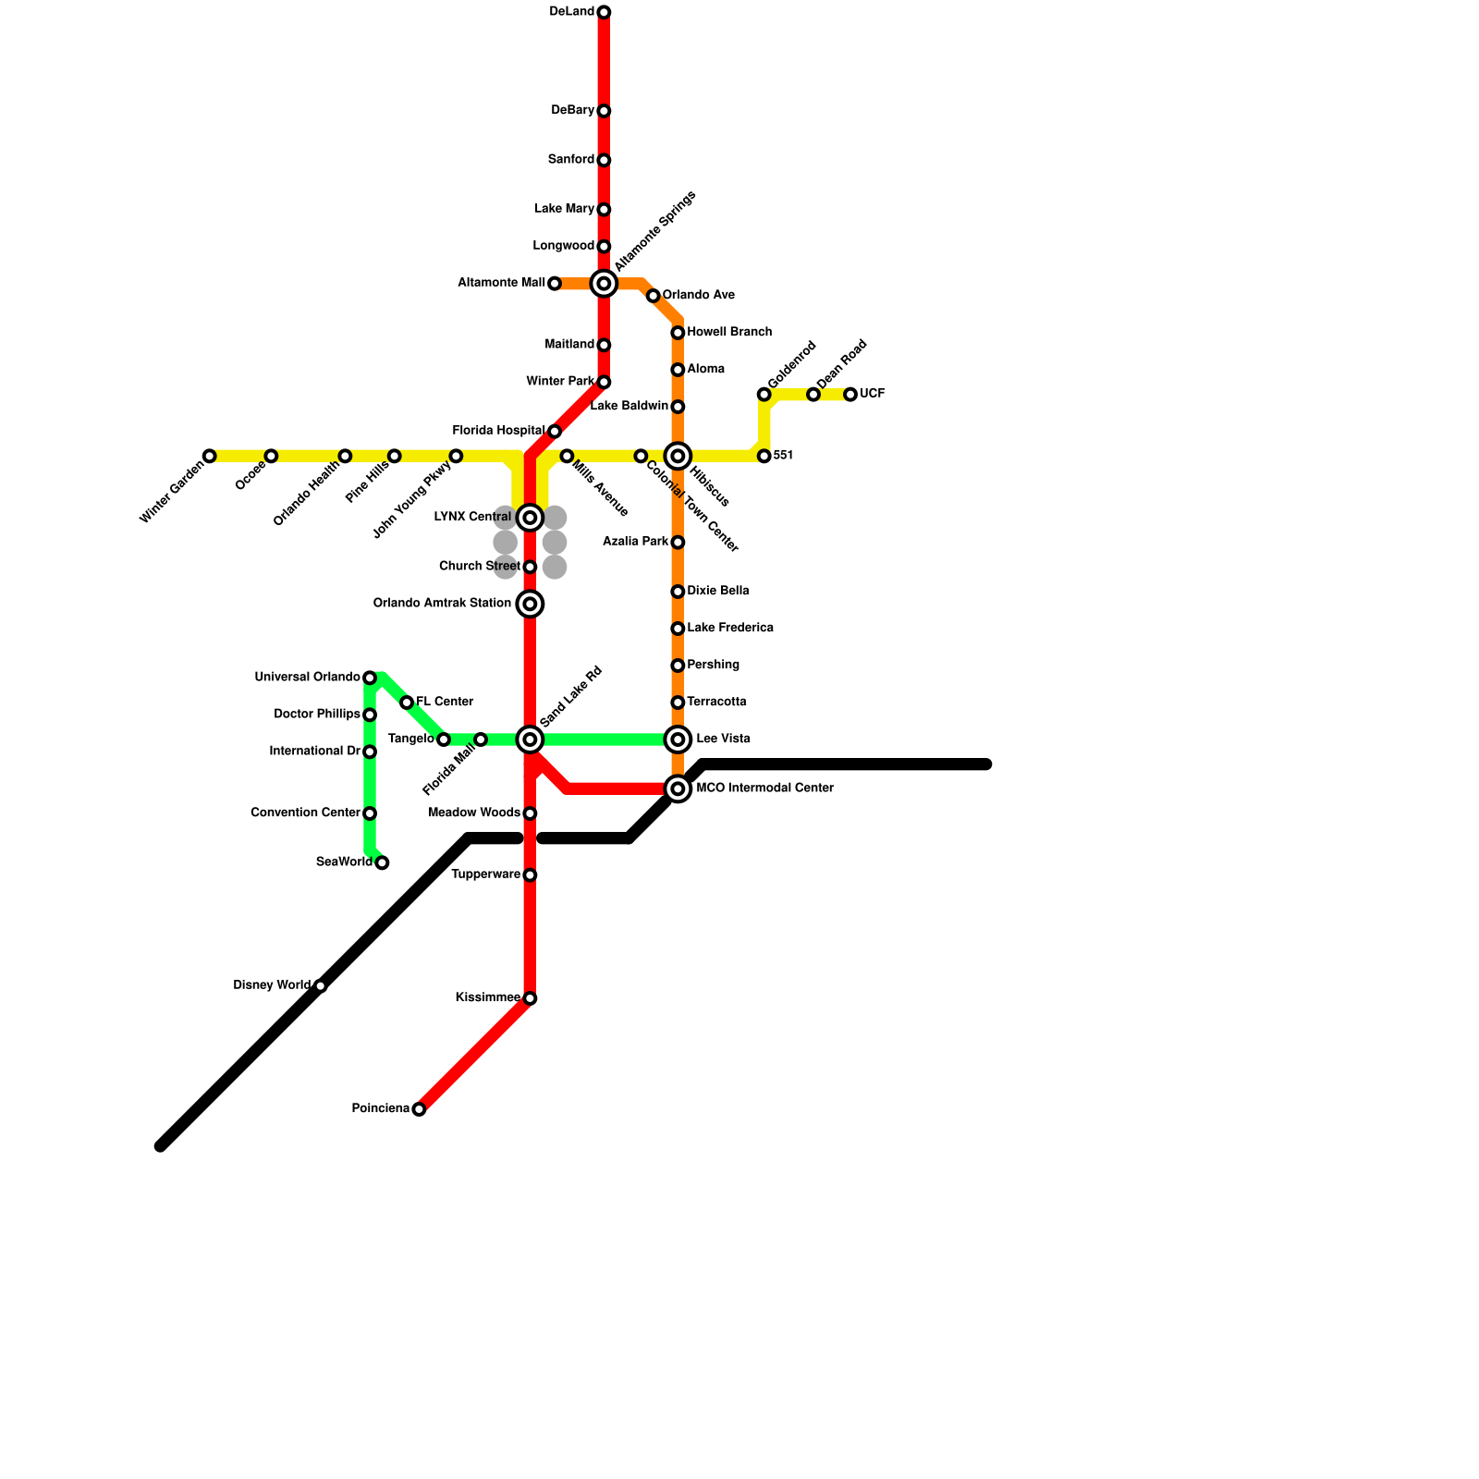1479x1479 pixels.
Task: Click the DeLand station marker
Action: (604, 12)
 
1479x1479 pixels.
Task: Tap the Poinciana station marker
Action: (419, 1109)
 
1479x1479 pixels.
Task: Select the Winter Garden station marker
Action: (210, 456)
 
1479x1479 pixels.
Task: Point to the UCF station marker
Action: (850, 395)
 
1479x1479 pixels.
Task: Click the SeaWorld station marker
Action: (382, 862)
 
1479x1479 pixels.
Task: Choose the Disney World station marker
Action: (320, 986)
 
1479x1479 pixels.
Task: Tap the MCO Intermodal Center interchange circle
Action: (678, 788)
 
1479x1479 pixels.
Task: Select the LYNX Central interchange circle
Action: (530, 518)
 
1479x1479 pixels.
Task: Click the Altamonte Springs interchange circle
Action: (604, 284)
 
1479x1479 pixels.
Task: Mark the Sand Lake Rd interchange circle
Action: (530, 739)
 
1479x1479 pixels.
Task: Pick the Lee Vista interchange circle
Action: (678, 739)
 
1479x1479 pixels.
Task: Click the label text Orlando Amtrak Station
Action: (442, 604)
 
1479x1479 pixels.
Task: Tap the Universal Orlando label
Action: (307, 678)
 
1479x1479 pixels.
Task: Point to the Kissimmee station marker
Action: (530, 998)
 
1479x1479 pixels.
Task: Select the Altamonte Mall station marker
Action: (555, 284)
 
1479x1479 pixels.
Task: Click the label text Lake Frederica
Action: (730, 629)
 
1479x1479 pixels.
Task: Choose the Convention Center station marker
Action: (370, 813)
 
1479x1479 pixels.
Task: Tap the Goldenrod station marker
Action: (764, 395)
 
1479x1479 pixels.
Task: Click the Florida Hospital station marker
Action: (555, 432)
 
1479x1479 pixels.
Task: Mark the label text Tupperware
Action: (485, 875)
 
